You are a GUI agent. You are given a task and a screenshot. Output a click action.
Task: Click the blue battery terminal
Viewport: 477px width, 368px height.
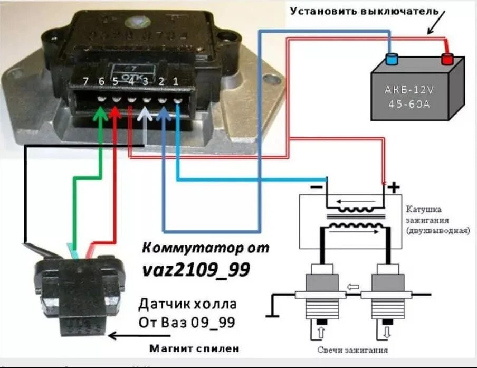point(391,58)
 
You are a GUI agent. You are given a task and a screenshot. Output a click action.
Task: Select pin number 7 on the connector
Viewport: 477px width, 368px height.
point(86,81)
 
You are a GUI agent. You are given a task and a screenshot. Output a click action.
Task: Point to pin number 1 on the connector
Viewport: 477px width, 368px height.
point(176,81)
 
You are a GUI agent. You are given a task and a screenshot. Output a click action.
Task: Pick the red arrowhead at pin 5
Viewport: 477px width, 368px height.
point(115,114)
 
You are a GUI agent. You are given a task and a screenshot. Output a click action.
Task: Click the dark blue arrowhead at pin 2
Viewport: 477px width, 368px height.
point(164,114)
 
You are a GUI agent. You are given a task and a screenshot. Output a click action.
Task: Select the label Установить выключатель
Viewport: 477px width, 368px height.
point(364,11)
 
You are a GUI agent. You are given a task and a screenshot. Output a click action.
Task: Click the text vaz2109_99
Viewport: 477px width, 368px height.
point(196,270)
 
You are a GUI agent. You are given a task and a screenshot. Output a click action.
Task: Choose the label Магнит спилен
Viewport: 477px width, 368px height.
point(194,348)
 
